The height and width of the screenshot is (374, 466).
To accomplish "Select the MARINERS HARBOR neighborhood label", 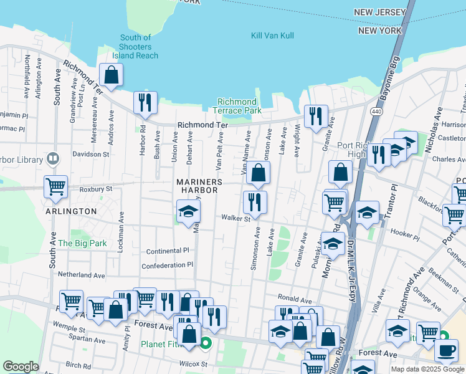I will [199, 187].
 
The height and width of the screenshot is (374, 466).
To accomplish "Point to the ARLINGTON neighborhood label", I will [71, 211].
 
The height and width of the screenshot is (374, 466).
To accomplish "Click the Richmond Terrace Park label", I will [237, 106].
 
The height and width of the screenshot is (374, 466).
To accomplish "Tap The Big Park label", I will [82, 243].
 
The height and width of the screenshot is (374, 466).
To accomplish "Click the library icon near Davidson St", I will [52, 158].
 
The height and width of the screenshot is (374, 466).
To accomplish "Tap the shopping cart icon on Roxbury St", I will [55, 186].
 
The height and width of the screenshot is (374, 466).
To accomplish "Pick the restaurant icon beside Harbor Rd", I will [145, 103].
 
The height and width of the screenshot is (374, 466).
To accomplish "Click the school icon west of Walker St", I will [188, 212].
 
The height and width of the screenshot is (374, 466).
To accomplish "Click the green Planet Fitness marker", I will [206, 343].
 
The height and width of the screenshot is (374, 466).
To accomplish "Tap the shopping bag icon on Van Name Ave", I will [258, 173].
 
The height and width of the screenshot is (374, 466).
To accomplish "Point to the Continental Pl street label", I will [167, 251].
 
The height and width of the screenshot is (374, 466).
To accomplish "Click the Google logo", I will [21, 367].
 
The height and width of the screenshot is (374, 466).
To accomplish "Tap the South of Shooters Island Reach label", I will [135, 47].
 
